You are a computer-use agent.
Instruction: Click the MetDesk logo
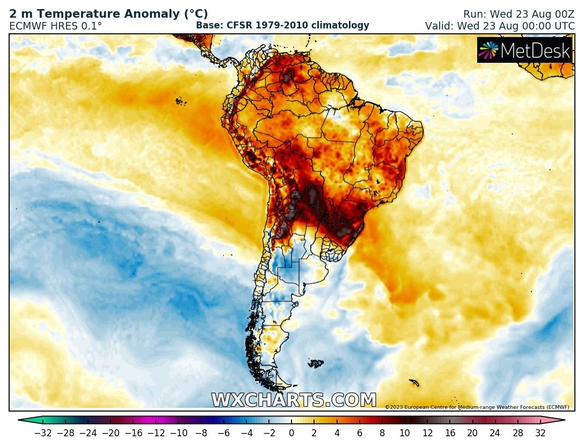click(525, 50)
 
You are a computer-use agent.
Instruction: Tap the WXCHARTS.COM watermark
click(294, 400)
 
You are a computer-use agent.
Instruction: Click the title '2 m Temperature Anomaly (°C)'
click(108, 14)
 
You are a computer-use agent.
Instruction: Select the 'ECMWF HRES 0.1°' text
click(55, 26)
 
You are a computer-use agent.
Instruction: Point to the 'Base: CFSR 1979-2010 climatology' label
click(282, 25)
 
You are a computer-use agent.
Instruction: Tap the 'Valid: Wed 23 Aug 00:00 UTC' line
click(500, 26)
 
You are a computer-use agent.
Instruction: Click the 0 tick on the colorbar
click(291, 433)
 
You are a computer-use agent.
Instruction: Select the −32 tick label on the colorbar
click(43, 433)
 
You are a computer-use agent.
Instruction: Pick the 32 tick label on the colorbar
click(540, 433)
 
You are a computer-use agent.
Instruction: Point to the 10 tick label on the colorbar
click(405, 433)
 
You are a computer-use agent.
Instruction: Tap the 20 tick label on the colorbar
click(472, 433)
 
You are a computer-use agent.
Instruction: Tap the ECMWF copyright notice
click(477, 407)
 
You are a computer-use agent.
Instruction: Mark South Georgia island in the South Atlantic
click(414, 383)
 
